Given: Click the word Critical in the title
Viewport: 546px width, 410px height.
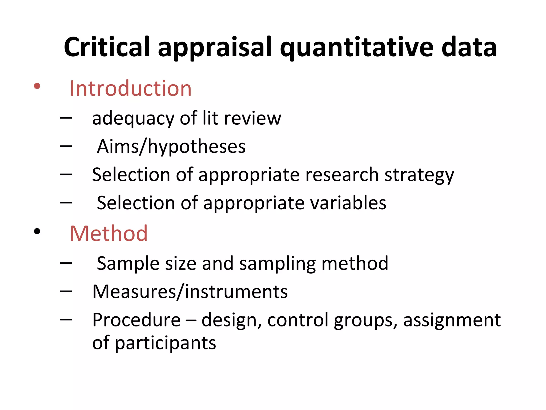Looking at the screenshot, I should [107, 47].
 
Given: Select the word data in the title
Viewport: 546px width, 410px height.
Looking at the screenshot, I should [469, 47].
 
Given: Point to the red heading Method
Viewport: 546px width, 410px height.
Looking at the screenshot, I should [109, 234].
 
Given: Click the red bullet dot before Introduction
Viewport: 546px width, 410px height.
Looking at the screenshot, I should [37, 86].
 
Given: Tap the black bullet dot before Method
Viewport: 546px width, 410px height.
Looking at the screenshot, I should [37, 231].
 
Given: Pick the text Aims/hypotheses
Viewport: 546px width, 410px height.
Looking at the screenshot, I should [171, 147].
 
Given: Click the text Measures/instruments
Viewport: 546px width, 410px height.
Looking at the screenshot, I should [190, 292].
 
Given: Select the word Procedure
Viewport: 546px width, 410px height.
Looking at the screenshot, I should [136, 320].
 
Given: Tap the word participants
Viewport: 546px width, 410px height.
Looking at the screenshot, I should [165, 344].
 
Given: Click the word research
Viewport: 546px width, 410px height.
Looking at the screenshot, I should [342, 175].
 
